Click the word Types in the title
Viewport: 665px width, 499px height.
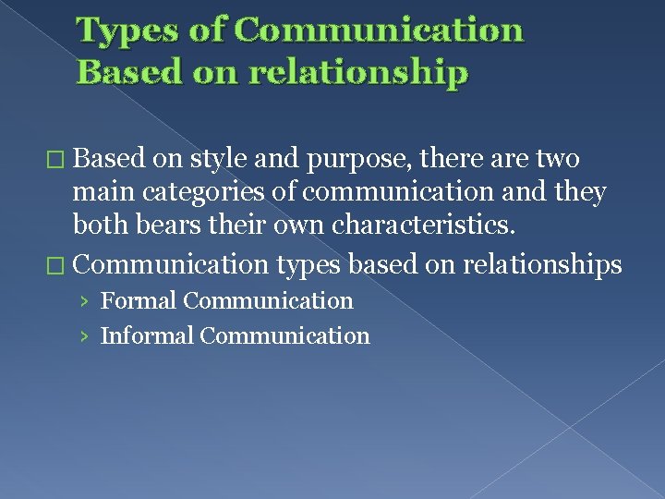point(119,30)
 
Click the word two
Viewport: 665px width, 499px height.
point(557,159)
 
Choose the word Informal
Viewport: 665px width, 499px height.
point(147,335)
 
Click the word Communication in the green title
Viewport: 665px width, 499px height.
point(380,30)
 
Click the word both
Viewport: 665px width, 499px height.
point(102,225)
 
